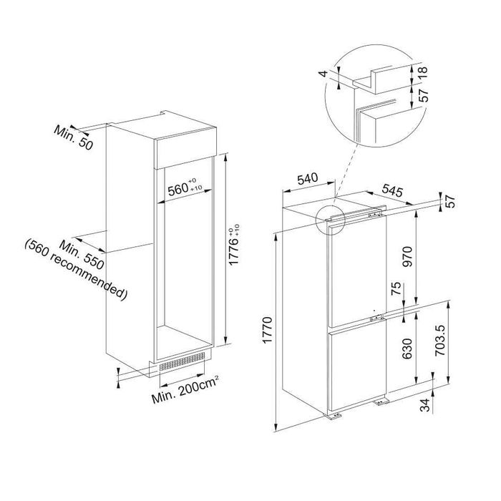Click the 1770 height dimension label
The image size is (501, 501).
click(x=268, y=330)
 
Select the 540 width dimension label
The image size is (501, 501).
click(x=308, y=178)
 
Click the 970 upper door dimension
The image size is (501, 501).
click(x=408, y=256)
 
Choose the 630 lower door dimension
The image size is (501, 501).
click(x=407, y=349)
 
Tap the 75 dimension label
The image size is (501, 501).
click(x=397, y=289)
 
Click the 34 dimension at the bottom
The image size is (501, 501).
click(x=425, y=405)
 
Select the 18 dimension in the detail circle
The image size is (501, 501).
click(x=422, y=73)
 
